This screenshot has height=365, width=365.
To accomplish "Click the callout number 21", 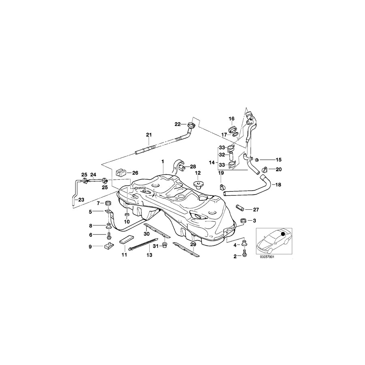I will [148, 135].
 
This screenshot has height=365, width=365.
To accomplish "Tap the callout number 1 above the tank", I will [162, 161].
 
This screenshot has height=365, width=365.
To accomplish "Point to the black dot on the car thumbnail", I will [283, 234].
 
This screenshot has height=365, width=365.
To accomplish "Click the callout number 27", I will [255, 210].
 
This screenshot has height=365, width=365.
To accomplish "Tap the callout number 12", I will [198, 173].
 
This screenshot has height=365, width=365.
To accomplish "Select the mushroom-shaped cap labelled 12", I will [198, 185].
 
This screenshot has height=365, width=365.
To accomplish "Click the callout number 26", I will [135, 172].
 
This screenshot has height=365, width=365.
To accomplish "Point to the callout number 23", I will [81, 200].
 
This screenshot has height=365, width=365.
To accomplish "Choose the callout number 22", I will [178, 124].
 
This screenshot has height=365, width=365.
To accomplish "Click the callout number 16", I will [232, 118].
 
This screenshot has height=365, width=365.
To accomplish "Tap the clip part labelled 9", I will [108, 245].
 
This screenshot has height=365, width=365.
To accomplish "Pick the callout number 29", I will [193, 245].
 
